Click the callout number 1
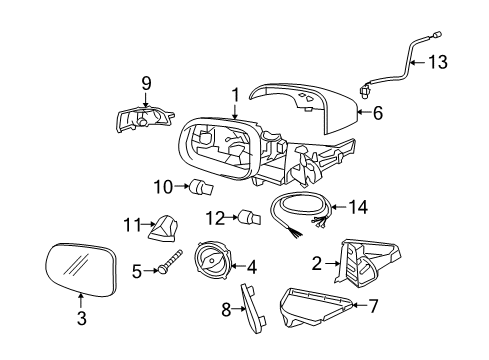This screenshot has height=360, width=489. point(236,95)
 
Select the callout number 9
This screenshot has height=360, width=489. point(145,82)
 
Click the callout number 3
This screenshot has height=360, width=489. point(82,319)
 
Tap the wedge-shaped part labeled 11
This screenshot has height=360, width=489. point(161,230)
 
